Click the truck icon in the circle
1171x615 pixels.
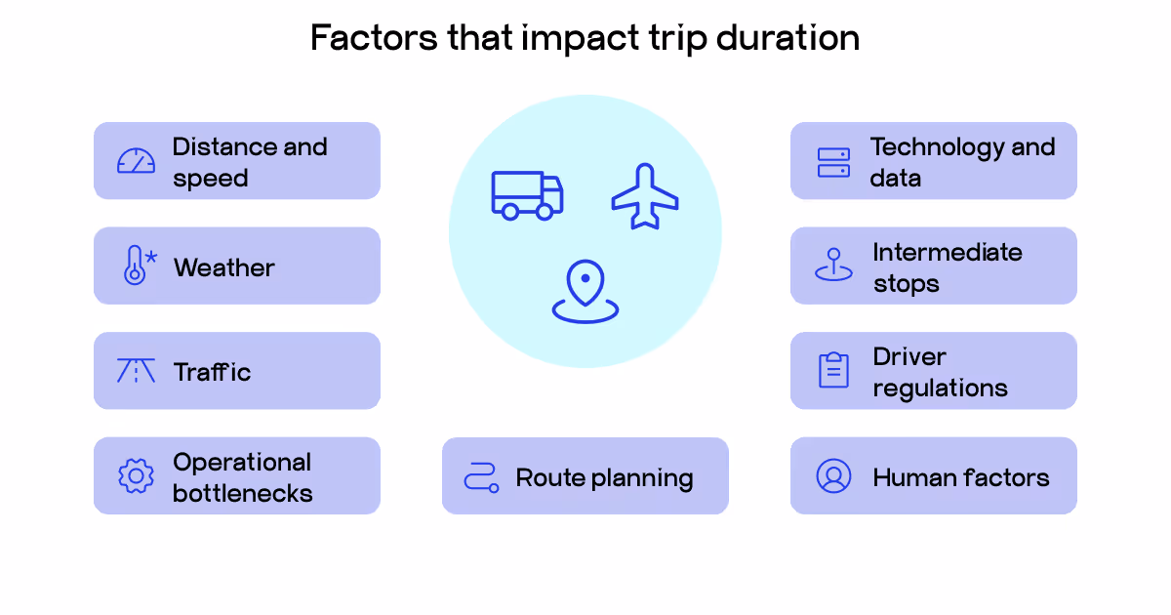[x=527, y=194]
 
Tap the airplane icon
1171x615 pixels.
[x=645, y=196]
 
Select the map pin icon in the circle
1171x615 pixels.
[x=585, y=291]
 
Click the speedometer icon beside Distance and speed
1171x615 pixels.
[x=136, y=161]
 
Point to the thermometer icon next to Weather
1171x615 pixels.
[x=136, y=266]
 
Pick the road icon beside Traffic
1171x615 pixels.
[x=136, y=371]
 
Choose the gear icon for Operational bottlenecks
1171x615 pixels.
[x=136, y=475]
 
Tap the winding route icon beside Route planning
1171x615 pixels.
[x=481, y=476]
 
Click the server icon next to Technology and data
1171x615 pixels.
[x=833, y=162]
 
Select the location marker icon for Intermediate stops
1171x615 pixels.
[x=833, y=266]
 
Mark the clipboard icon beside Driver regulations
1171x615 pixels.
[x=833, y=370]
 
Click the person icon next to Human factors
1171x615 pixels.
[x=833, y=475]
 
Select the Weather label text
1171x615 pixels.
[x=224, y=267]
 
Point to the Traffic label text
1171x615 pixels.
[x=212, y=372]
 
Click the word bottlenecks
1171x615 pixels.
[x=242, y=493]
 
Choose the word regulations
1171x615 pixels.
[x=940, y=389]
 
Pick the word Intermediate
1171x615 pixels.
[x=947, y=252]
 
